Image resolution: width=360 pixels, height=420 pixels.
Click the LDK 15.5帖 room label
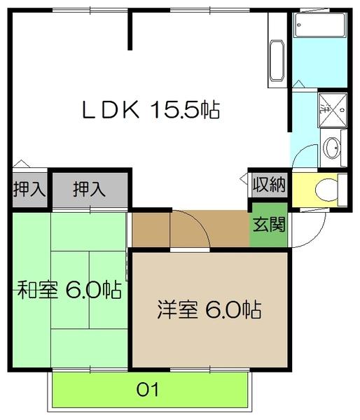pos(151,109)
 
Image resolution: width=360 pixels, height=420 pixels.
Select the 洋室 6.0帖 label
pos(209,309)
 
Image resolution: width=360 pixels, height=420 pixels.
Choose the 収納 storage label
pos(270,185)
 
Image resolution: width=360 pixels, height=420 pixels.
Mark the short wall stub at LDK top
pos(130,31)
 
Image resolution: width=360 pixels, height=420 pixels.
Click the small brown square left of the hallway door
pos(149,227)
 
